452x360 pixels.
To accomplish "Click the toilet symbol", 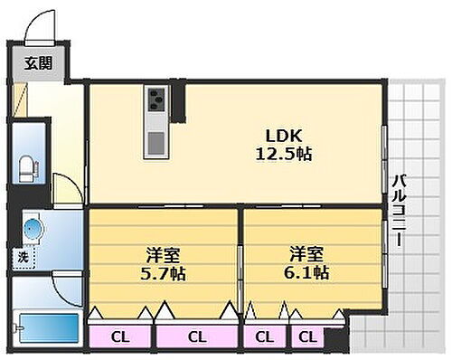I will coord(29,167).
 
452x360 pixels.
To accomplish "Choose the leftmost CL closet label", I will coord(119,337).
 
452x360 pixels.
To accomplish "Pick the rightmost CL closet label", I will coord(307,337).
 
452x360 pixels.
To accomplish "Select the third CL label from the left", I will coord(263,337).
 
